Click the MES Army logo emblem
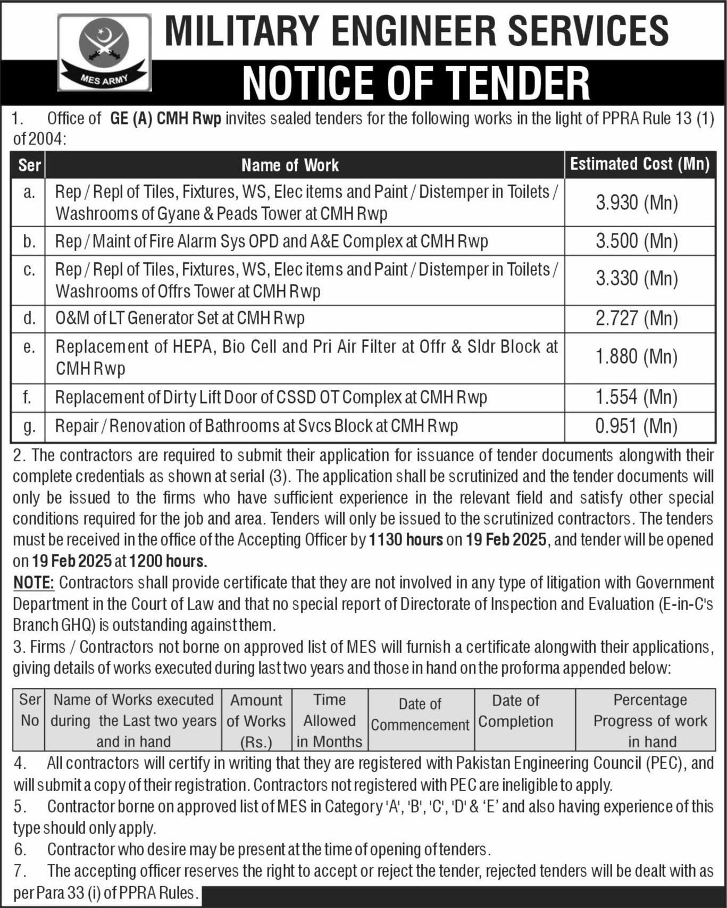click(104, 52)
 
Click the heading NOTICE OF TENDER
click(416, 83)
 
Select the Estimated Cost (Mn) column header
click(640, 164)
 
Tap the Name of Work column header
click(290, 165)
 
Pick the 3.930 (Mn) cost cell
click(637, 203)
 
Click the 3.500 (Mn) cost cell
click(637, 241)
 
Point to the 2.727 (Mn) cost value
click(637, 318)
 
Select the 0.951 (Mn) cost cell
click(637, 426)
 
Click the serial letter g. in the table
click(29, 426)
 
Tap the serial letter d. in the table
click(29, 318)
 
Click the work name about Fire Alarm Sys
click(271, 241)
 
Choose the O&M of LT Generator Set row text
click(180, 318)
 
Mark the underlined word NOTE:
click(34, 582)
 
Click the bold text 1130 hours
click(406, 540)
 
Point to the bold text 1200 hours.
click(168, 561)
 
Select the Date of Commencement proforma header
click(420, 714)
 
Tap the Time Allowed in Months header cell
click(329, 720)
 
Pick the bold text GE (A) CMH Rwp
click(165, 119)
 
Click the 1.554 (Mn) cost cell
click(637, 397)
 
